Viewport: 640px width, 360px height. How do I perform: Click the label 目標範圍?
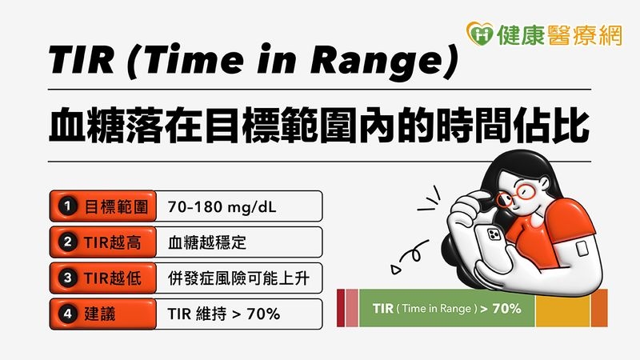click(109, 206)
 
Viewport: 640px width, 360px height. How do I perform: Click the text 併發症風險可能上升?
click(237, 278)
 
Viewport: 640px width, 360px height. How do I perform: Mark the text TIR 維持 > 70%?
click(224, 314)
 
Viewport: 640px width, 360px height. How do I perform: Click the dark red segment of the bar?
click(340, 308)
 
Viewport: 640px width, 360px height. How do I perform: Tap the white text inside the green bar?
click(446, 308)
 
